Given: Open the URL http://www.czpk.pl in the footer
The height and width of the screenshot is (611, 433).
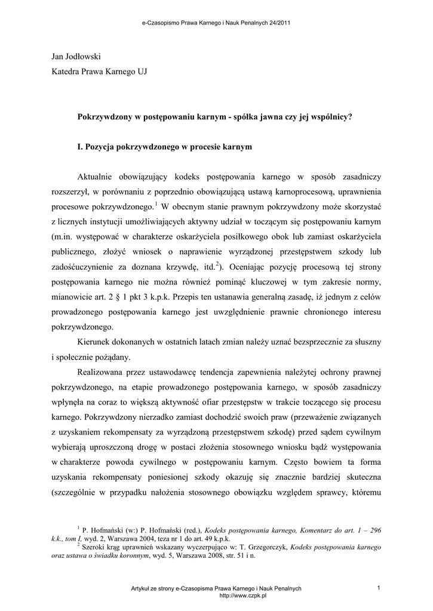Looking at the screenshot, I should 243,595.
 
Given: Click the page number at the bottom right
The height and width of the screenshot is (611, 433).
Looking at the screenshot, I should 379,589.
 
